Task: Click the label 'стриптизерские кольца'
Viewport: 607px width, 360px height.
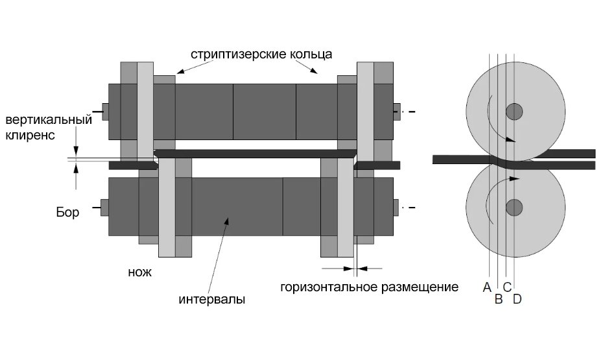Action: (261, 54)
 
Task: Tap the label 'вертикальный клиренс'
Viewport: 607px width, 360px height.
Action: (49, 127)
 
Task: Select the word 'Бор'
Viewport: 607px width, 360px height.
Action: (67, 212)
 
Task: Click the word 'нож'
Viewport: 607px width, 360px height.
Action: (139, 272)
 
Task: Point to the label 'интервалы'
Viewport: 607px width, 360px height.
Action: (212, 299)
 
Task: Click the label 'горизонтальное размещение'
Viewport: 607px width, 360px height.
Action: (369, 287)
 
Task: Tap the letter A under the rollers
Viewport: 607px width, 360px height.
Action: (487, 287)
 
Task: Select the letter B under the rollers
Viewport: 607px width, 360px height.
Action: (499, 299)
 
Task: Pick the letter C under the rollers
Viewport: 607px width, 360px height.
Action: (507, 287)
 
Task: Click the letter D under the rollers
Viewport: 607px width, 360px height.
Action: (518, 299)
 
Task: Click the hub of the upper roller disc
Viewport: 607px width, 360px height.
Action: (514, 112)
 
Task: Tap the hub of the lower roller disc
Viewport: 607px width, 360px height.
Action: (514, 208)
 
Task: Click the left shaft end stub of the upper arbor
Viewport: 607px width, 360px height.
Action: (105, 112)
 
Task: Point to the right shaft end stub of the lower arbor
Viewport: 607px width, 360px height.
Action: (396, 208)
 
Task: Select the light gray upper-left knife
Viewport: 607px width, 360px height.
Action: (145, 111)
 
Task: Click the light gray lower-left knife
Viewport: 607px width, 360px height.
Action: (167, 207)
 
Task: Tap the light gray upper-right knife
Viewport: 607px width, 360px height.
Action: (365, 111)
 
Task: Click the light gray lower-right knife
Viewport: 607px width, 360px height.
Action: (346, 207)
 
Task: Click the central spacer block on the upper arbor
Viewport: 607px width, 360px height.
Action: (265, 112)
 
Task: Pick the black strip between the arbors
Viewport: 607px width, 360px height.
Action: (255, 154)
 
